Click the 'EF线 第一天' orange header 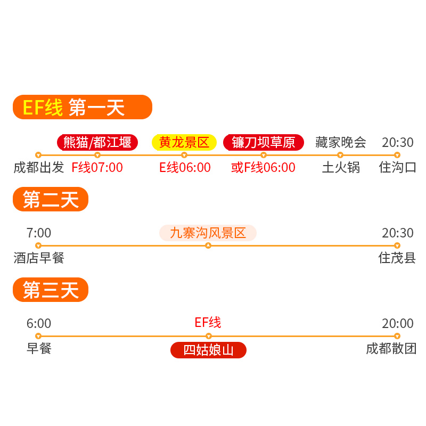(x=83, y=107)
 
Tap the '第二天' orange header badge (x=51, y=199)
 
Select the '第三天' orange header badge (x=51, y=290)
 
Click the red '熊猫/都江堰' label (x=97, y=142)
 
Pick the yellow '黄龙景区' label (x=184, y=142)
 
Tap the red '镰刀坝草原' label (x=264, y=142)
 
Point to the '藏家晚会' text (x=341, y=142)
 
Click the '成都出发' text (x=38, y=168)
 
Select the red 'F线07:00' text (x=97, y=168)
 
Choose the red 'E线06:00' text (x=185, y=168)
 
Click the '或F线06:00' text (x=263, y=168)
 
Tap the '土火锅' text (x=341, y=168)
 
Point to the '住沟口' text (x=397, y=168)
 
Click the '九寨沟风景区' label (x=208, y=233)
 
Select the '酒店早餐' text (x=38, y=258)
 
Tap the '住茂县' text (x=397, y=258)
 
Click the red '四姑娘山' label (x=208, y=350)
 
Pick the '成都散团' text (x=391, y=349)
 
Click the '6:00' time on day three (x=39, y=324)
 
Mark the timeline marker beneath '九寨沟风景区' (x=208, y=245)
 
